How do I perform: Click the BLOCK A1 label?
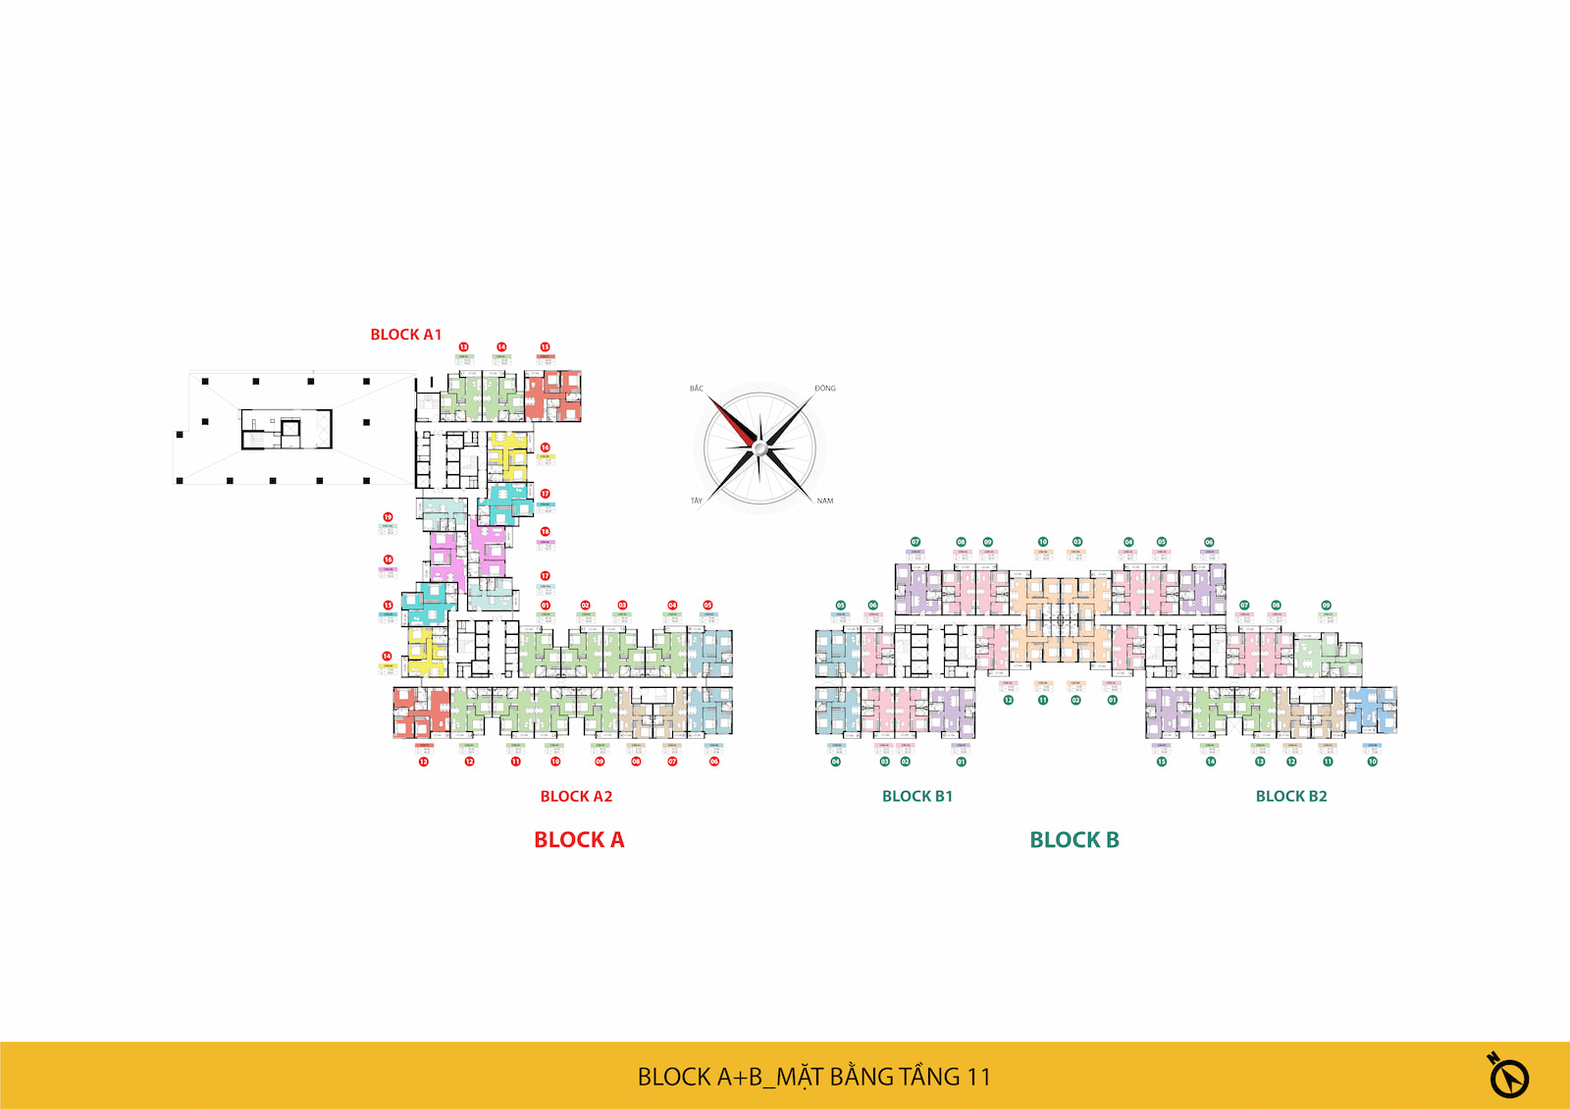405,335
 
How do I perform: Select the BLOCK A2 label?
576,796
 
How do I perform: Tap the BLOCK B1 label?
916,796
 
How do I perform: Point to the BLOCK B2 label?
1290,796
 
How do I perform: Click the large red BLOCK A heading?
579,840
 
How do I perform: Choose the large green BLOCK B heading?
1073,840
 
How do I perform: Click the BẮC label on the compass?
697,389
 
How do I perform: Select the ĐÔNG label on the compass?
824,389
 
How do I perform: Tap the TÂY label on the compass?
697,501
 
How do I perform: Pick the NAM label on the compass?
824,501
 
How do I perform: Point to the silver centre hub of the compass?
759,449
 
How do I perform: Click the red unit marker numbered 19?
388,517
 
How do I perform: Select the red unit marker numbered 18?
546,532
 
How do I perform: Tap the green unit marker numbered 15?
1162,762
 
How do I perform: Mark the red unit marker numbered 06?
714,762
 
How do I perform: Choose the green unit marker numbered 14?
1211,762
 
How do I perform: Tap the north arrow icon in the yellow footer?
1508,1076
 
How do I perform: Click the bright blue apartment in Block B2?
1371,710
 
